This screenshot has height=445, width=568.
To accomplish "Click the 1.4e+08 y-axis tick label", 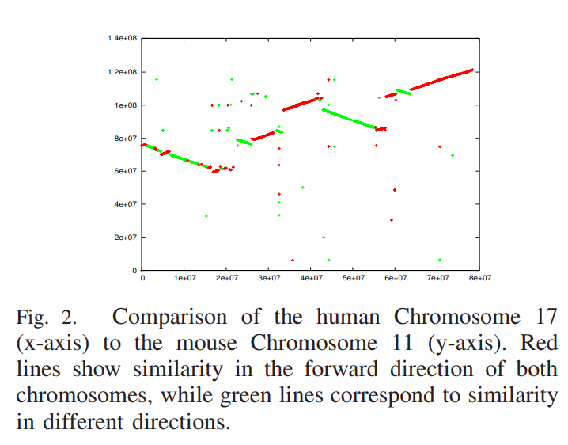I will pos(123,38).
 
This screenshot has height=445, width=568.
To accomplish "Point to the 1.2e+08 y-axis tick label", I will pos(123,71).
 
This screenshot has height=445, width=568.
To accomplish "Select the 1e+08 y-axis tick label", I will pos(125,105).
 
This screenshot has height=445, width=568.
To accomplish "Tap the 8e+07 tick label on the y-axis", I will pos(125,138).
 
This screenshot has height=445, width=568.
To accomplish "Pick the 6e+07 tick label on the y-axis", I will pos(125,171).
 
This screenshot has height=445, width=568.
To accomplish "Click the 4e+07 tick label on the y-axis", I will pos(125,204).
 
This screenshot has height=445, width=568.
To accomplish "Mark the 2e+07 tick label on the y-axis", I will pos(125,238).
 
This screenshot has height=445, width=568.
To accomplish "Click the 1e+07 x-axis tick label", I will pos(184,278).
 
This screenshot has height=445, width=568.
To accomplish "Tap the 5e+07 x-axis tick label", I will pos(353,278).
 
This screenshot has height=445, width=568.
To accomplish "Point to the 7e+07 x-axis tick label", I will pos(437,278).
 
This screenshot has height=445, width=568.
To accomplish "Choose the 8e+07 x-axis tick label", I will pos(479,278).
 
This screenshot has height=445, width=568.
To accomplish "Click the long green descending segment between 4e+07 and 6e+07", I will pos(348,117).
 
